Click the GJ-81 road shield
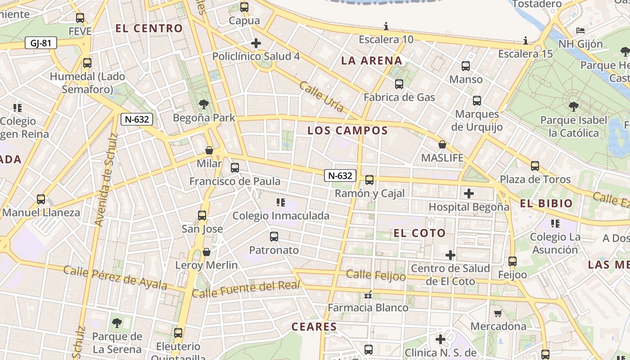41,43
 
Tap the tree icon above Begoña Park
203,105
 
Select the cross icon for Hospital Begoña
469,193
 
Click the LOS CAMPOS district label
347,130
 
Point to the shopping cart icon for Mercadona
498,313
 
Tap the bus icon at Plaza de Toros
535,166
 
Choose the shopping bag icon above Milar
209,150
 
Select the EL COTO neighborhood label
419,233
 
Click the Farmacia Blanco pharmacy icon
368,295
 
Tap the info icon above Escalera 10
386,26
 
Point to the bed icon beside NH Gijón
580,31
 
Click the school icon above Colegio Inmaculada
281,202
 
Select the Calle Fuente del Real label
246,289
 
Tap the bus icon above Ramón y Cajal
369,180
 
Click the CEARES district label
314,327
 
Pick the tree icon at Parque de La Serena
117,323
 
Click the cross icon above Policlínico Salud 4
256,43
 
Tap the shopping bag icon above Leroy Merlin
207,252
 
